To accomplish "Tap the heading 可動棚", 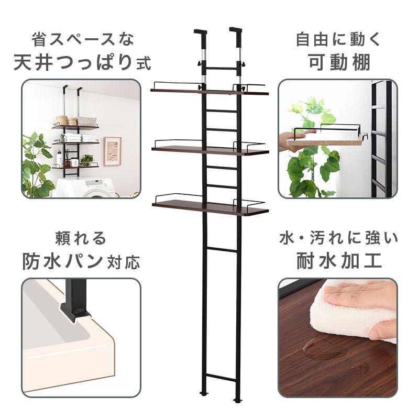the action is [x=339, y=62].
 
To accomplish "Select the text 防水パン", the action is [x=62, y=261].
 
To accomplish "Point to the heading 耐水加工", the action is [x=339, y=261].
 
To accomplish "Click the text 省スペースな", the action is [x=83, y=39].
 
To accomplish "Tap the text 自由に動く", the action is [x=338, y=39].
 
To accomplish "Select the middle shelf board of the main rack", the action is [x=211, y=150].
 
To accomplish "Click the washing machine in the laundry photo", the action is [x=88, y=187].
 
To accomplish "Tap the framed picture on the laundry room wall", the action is [x=113, y=151].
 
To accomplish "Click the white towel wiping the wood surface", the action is [x=352, y=311].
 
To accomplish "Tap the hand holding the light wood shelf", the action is [x=294, y=139].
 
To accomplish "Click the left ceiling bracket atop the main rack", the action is [x=201, y=36].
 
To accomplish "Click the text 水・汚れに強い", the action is [x=339, y=238].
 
